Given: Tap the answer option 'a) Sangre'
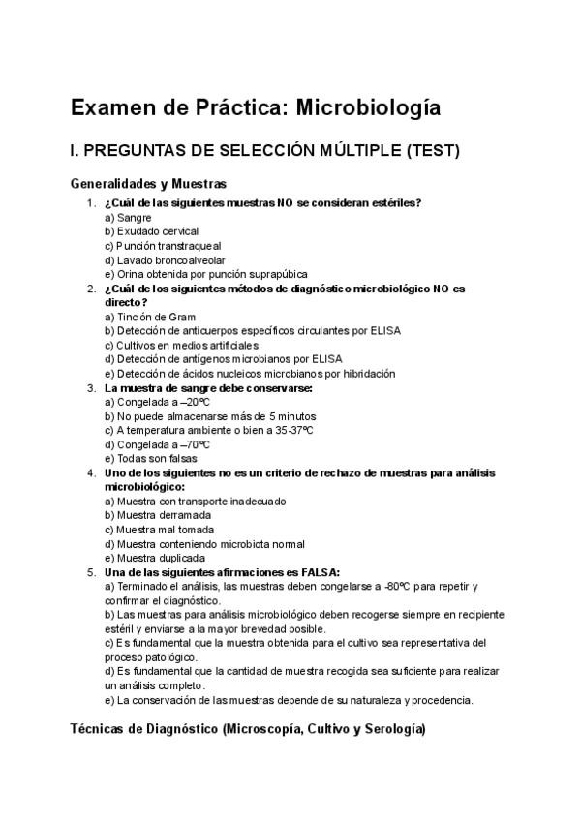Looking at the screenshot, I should [x=128, y=218].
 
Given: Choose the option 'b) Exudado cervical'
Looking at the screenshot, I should [x=151, y=232].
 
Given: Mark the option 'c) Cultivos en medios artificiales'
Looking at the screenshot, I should [x=181, y=345].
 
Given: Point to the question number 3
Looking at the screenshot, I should [x=91, y=387].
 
